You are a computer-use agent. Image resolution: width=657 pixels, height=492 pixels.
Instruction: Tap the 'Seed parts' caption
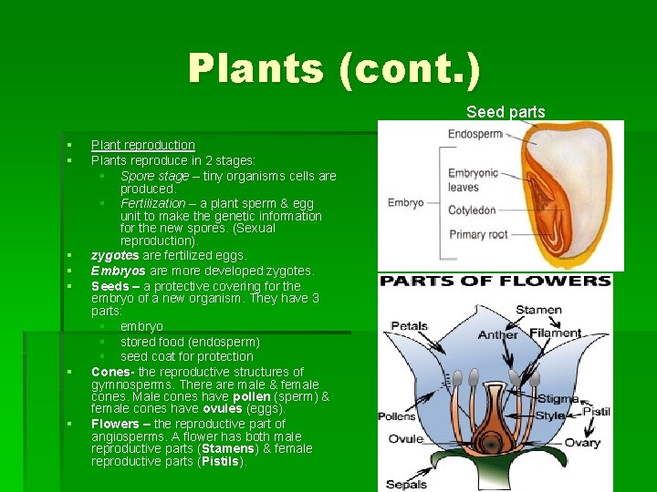506,112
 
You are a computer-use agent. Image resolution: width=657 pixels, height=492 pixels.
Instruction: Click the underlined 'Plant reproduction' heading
142,145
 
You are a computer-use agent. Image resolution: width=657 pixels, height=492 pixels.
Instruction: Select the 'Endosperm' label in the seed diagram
475,135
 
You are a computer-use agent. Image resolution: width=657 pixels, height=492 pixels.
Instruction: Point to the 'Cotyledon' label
472,210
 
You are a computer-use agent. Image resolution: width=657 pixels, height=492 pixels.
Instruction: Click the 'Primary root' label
478,234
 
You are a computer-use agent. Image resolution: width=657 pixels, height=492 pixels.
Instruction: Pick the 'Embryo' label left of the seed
406,202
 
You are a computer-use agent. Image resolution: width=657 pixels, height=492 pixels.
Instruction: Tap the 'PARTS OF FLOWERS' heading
495,282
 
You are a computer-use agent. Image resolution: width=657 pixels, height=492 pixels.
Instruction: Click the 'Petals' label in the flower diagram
409,325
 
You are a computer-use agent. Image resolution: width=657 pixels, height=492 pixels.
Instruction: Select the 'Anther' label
498,334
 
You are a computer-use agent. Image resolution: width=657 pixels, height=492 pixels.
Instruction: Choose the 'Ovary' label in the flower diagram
581,443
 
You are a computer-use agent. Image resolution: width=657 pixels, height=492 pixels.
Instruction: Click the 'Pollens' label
396,416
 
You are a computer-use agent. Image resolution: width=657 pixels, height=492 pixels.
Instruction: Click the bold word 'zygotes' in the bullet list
115,256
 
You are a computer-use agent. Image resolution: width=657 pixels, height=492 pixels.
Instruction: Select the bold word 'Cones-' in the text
112,372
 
